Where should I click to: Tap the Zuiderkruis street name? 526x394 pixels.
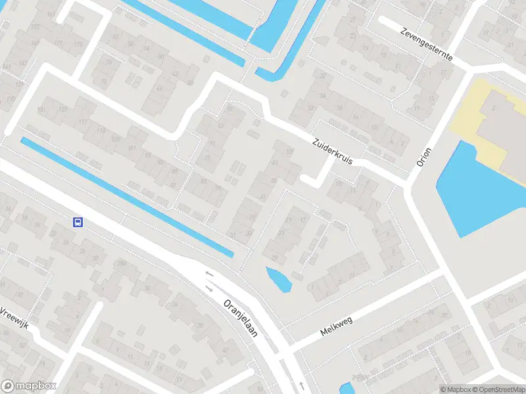pyautogui.click(x=335, y=151)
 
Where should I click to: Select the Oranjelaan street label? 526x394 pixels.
pyautogui.click(x=241, y=318)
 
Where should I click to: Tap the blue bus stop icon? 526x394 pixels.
pyautogui.click(x=78, y=222)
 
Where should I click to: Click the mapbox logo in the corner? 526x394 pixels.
pyautogui.click(x=29, y=385)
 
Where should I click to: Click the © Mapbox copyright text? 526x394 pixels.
pyautogui.click(x=455, y=389)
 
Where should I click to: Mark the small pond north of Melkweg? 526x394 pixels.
pyautogui.click(x=279, y=279)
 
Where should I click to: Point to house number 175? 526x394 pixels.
pyautogui.click(x=80, y=44)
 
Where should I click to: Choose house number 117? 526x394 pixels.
pyautogui.click(x=83, y=122)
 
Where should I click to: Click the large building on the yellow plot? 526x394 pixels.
pyautogui.click(x=503, y=125)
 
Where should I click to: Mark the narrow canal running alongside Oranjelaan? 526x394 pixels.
pyautogui.click(x=125, y=195)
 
